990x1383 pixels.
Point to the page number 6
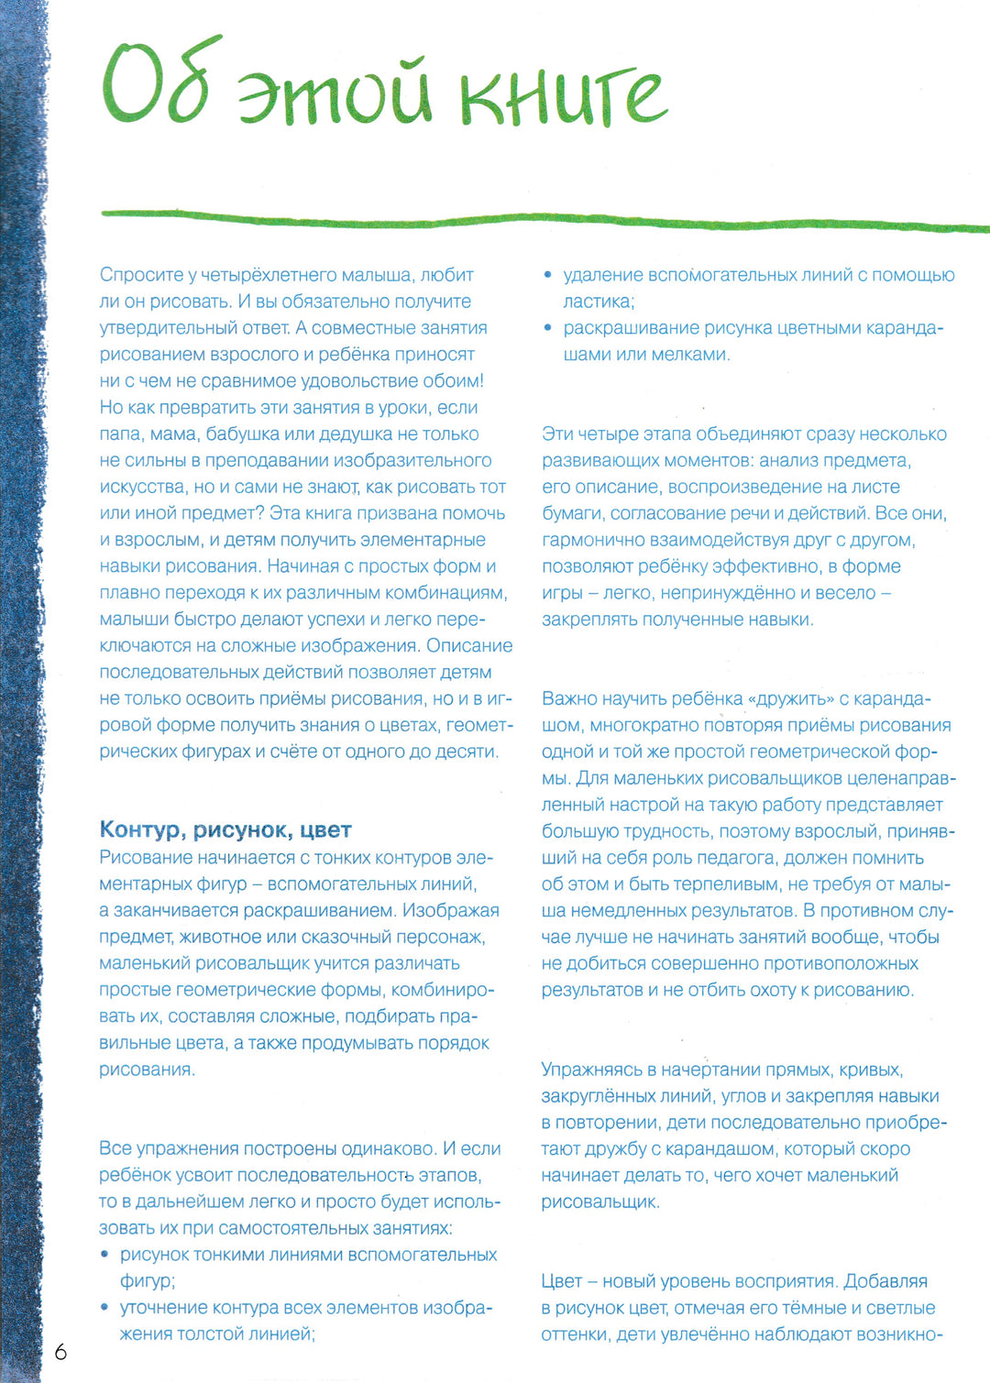[x=60, y=1352]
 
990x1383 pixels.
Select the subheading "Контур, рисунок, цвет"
[x=225, y=830]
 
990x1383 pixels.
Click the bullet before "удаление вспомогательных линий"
[x=548, y=275]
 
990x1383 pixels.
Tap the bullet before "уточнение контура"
[x=105, y=1308]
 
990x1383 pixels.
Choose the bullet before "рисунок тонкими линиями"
[x=105, y=1255]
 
